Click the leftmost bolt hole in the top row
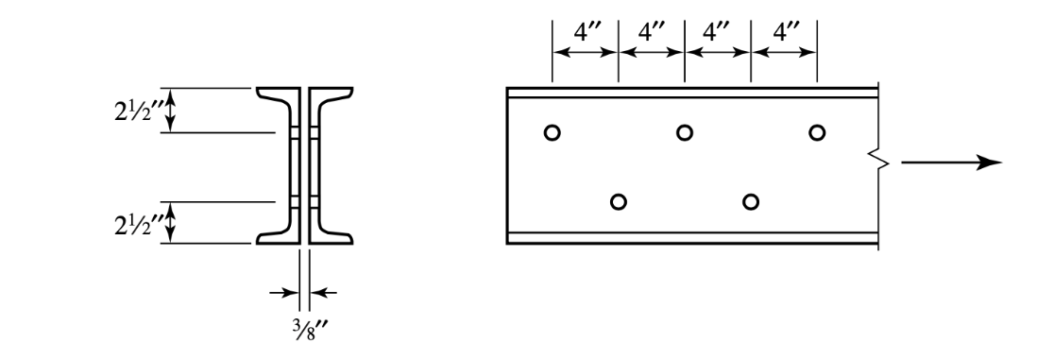point(552,132)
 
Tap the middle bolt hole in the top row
point(685,132)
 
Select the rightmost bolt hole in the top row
point(817,132)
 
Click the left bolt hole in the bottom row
point(619,201)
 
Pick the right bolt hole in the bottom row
point(751,201)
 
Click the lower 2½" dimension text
point(131,224)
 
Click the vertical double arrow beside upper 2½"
point(171,111)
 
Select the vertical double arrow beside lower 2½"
point(171,223)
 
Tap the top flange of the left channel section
point(275,94)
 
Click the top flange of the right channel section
point(334,94)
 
